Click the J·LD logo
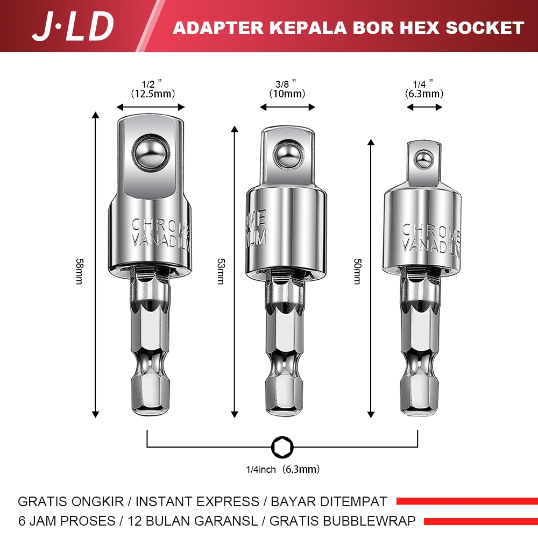point(73,26)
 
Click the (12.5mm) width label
point(151,94)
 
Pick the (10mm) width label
point(287,94)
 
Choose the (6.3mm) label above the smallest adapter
point(424,94)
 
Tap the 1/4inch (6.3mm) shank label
point(282,469)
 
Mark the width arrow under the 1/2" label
point(151,107)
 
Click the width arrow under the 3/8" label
point(287,107)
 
